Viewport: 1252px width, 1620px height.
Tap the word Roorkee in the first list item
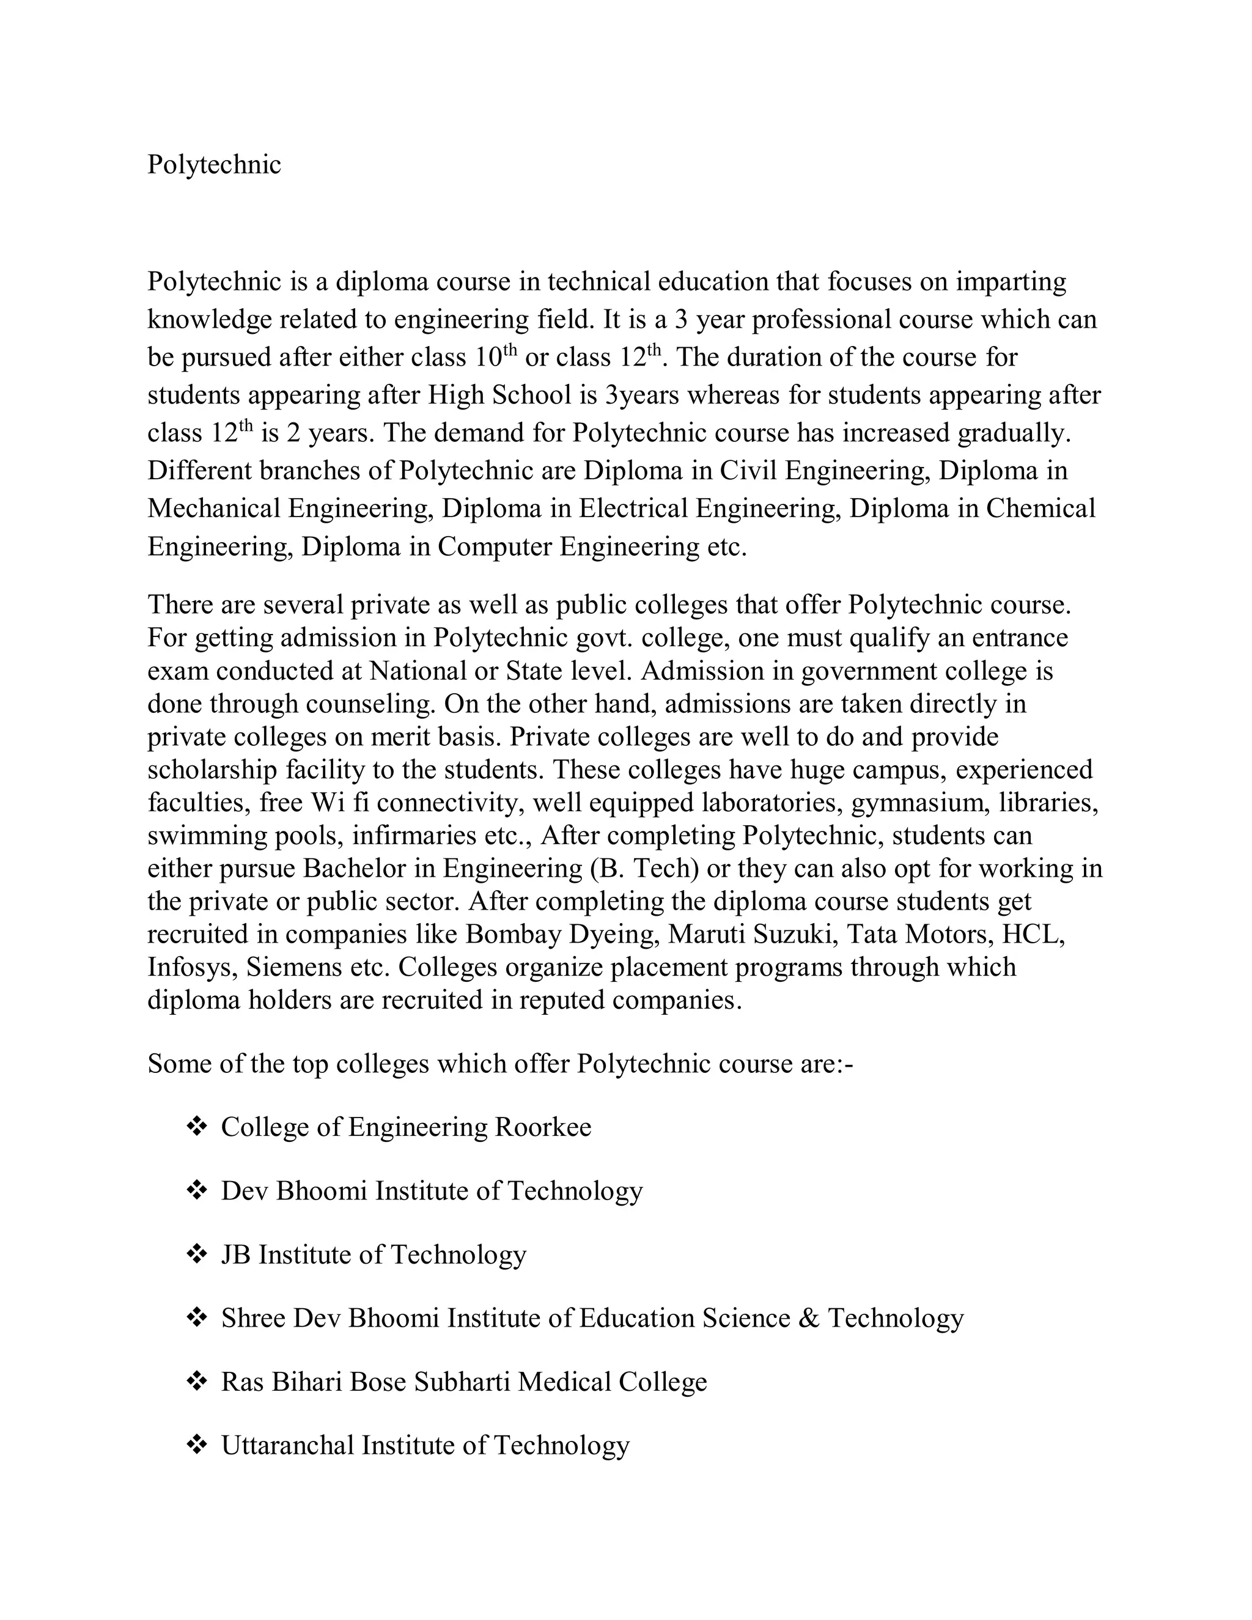coord(543,1127)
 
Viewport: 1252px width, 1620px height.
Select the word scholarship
coord(213,770)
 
